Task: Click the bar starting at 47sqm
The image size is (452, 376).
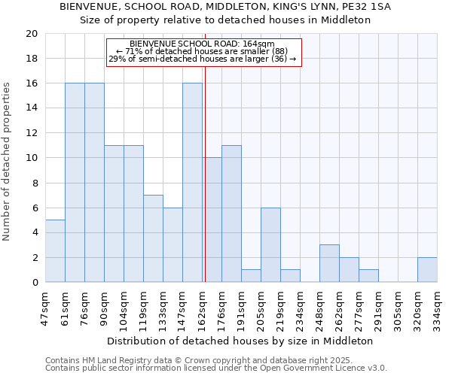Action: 55,251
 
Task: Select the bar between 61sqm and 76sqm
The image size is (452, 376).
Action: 75,183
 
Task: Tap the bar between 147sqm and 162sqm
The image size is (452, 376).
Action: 192,183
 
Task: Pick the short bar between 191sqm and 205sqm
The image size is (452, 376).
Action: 251,276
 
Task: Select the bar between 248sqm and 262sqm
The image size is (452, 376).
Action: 329,264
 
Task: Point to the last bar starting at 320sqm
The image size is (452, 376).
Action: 427,270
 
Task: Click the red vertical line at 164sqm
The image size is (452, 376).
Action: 205,188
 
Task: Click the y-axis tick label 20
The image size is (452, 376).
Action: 31,34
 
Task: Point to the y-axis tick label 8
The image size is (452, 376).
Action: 34,183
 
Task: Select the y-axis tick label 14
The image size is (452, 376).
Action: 31,108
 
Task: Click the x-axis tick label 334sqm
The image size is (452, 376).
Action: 438,308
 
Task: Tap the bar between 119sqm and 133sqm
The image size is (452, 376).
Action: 153,238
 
